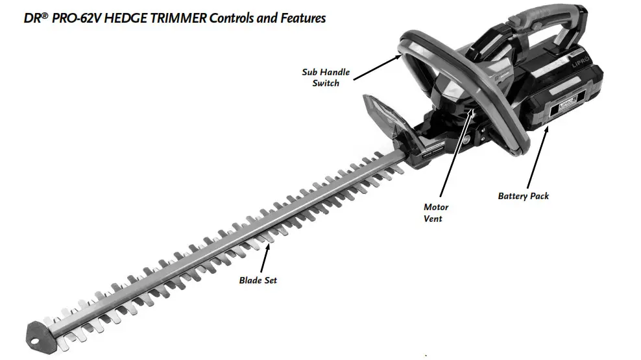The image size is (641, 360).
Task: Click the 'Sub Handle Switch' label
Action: (326, 77)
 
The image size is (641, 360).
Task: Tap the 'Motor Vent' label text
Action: (435, 213)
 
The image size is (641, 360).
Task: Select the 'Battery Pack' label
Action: (523, 195)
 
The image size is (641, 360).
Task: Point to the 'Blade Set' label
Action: (258, 280)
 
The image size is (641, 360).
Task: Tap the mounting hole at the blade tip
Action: (32, 335)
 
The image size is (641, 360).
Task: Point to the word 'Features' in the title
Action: (301, 18)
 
